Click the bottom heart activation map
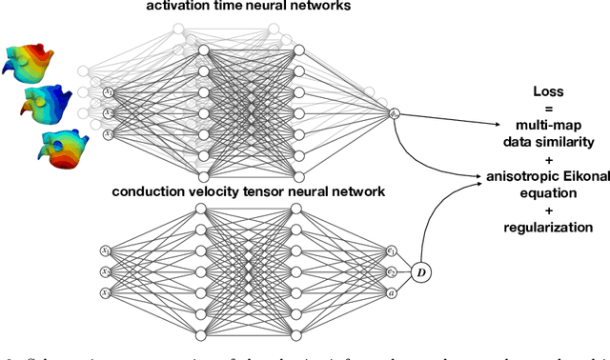point(63,147)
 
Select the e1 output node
point(392,251)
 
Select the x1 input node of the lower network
point(106,251)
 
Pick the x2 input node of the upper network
point(108,113)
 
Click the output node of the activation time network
point(395,113)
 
